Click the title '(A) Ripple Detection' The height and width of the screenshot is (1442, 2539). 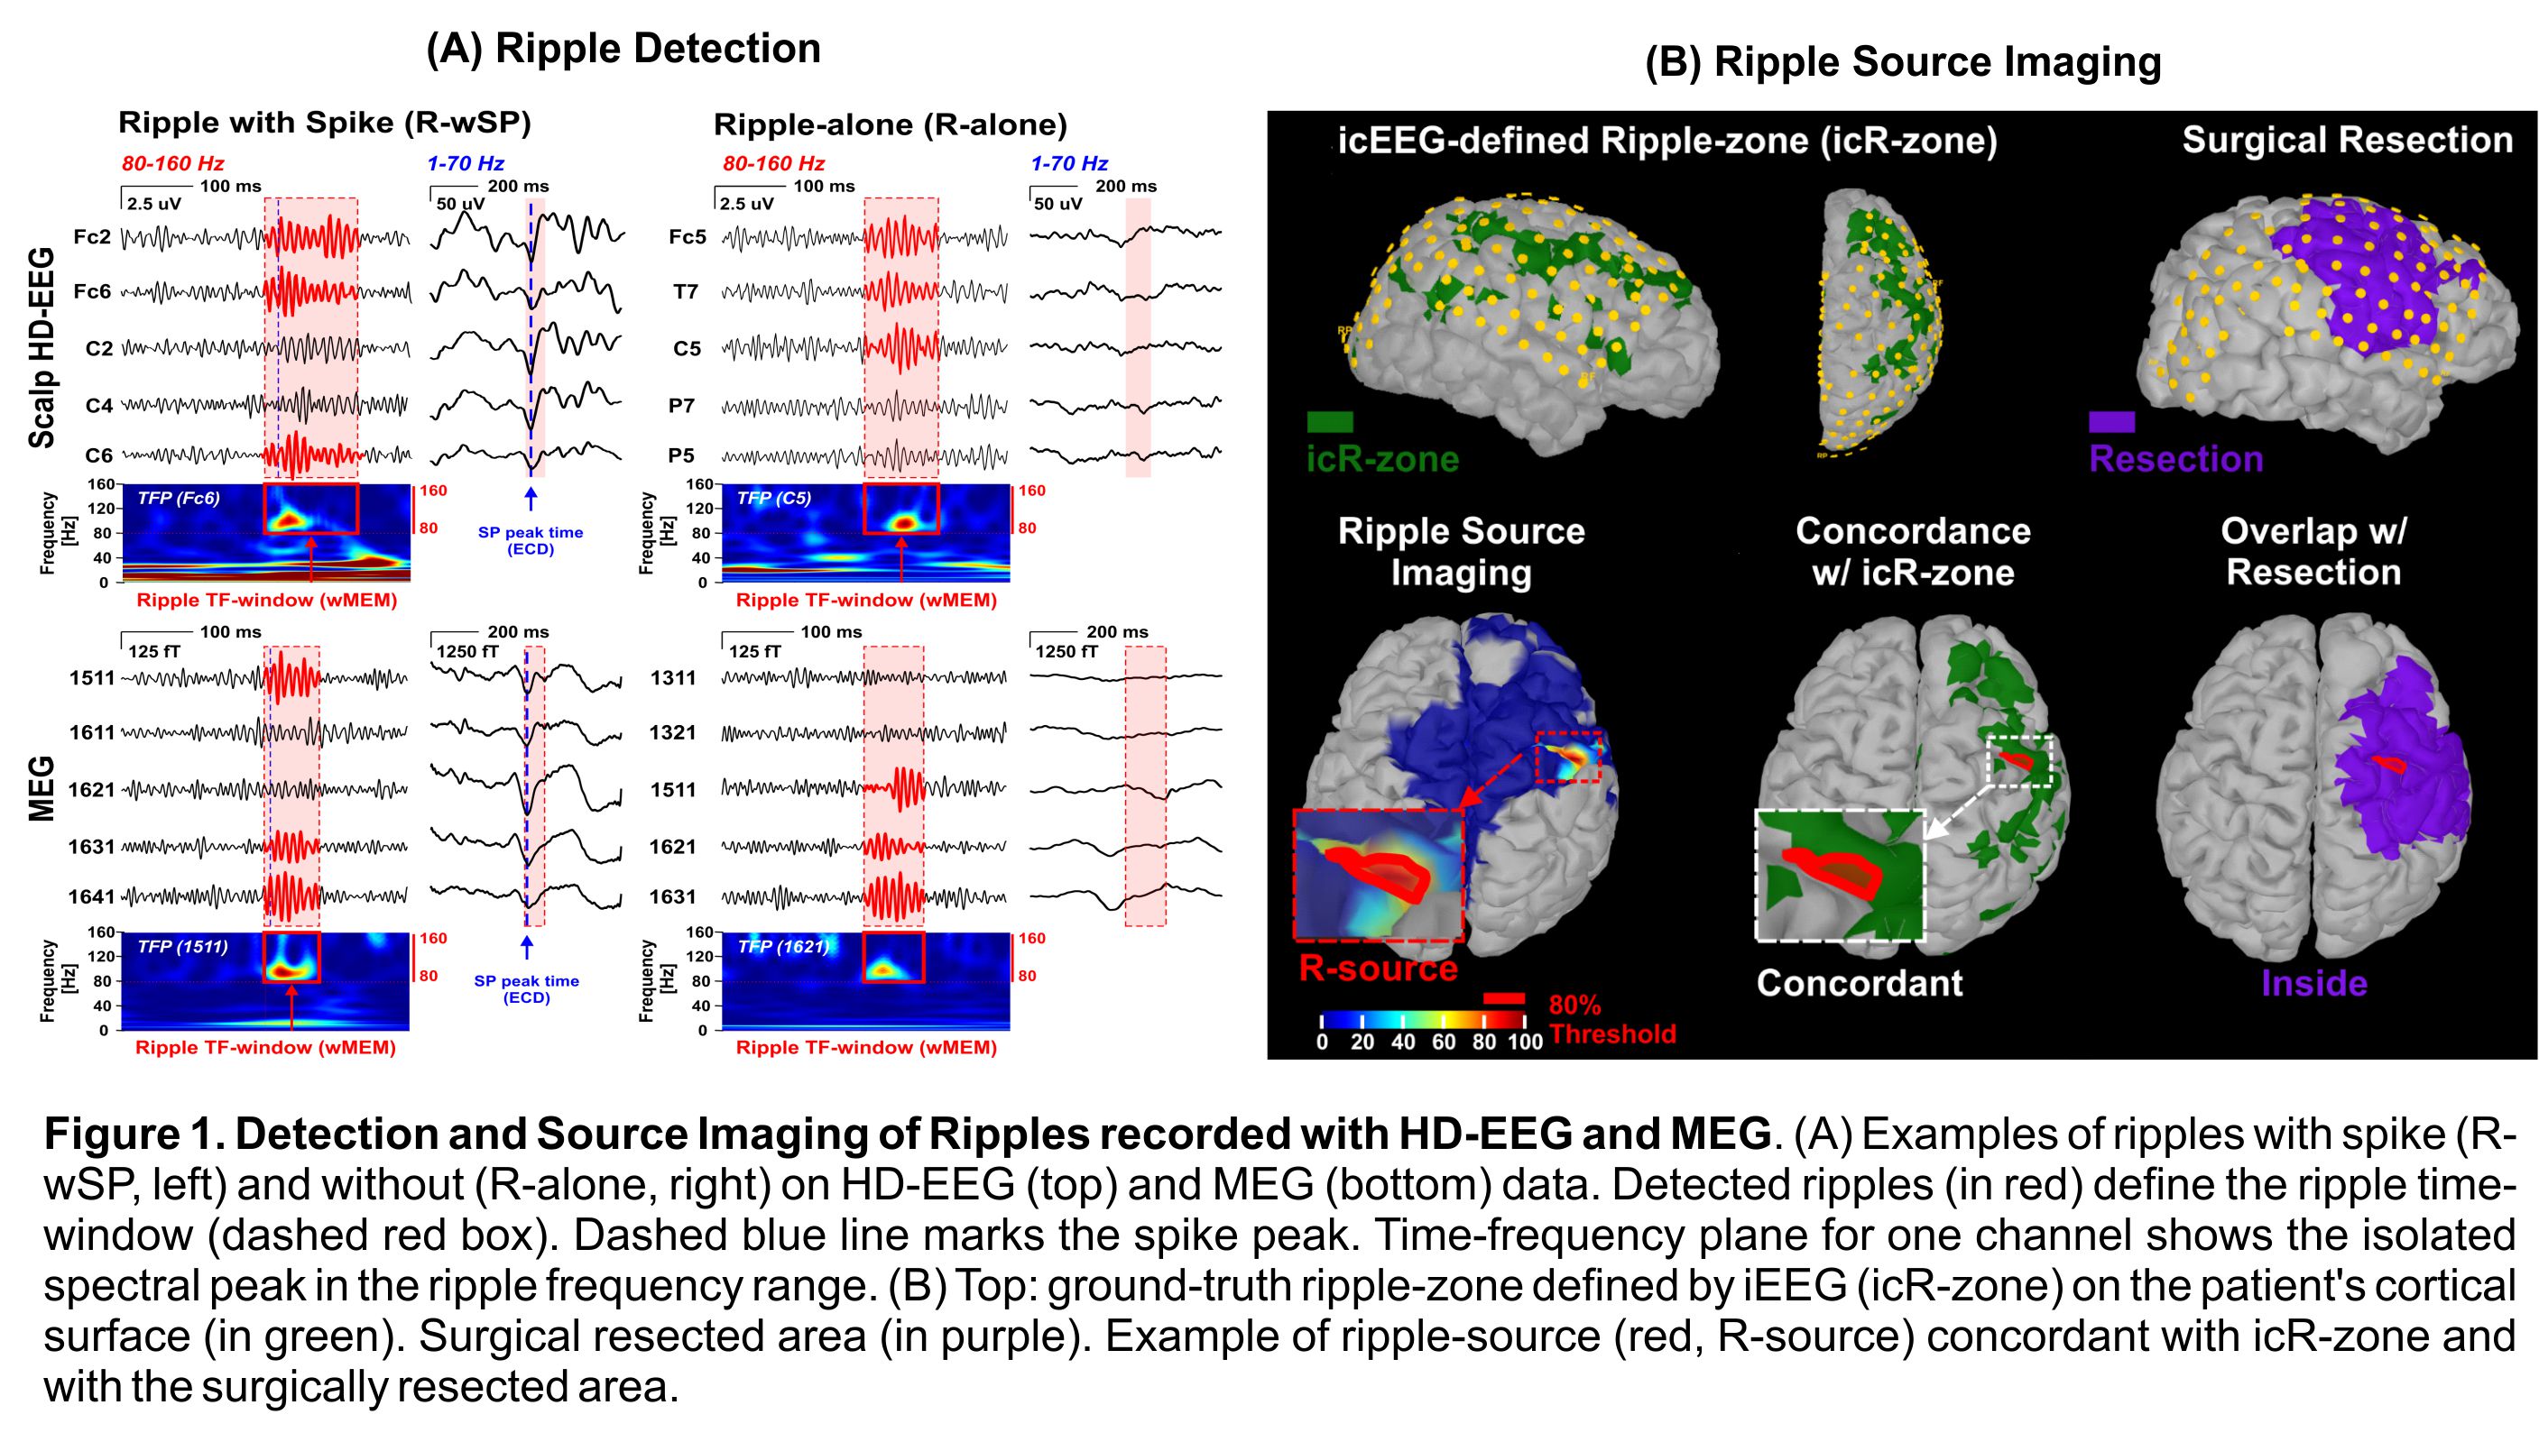[x=623, y=49]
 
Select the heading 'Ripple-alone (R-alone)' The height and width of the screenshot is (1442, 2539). [x=890, y=124]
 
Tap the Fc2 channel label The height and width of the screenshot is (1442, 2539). [x=92, y=236]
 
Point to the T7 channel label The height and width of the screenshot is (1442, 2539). [x=686, y=292]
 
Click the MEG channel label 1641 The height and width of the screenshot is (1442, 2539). [x=91, y=896]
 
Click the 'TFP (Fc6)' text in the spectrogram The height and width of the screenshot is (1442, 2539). [x=179, y=498]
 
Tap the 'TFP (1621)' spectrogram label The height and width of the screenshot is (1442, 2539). [x=782, y=946]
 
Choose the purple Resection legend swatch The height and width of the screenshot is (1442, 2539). [x=2111, y=423]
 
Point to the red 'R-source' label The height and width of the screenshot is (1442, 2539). [x=1377, y=968]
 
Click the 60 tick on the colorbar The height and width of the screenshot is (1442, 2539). [x=1443, y=1042]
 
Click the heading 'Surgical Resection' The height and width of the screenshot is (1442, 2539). [x=2347, y=141]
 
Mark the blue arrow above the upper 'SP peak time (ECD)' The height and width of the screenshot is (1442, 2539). [x=530, y=498]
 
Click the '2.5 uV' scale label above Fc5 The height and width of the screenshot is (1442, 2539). [x=746, y=204]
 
